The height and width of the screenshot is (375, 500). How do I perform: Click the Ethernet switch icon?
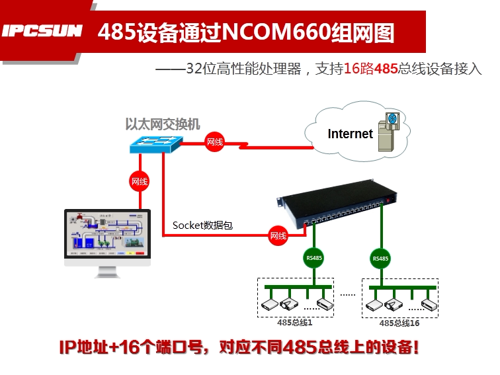[156, 144]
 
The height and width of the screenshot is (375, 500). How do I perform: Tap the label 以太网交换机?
[163, 124]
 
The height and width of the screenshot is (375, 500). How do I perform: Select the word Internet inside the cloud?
[350, 134]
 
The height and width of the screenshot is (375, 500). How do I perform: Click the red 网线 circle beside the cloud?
[214, 142]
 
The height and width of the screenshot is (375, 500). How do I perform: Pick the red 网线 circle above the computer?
[140, 181]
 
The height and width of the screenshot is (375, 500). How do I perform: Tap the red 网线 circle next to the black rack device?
[278, 235]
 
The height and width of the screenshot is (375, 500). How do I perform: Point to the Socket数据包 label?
[202, 225]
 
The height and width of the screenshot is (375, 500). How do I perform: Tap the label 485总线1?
[294, 322]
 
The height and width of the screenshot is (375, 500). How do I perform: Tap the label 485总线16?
[399, 323]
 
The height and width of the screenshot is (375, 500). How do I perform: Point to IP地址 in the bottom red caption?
[83, 347]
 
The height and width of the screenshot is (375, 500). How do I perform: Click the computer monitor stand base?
[107, 274]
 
